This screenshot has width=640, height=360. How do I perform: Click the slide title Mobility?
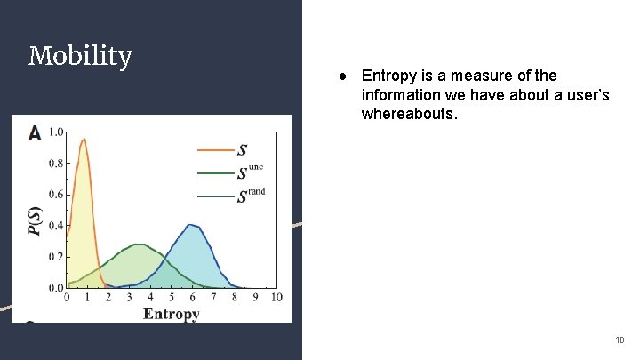coord(80,57)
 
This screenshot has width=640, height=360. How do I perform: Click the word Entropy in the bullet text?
coord(388,76)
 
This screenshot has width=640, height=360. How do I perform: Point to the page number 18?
coord(620,340)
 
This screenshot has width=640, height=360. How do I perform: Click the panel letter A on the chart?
coord(35,132)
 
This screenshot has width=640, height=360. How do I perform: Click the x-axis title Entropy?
coord(172,314)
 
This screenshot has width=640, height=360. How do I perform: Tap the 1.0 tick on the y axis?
coord(55,132)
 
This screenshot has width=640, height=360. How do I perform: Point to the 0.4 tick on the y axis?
coord(55,226)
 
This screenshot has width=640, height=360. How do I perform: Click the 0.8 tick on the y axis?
coord(55,164)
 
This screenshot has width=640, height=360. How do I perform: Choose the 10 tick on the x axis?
coord(276,297)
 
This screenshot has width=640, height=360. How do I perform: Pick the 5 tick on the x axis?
coord(172,297)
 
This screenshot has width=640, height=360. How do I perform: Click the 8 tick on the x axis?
coord(234,297)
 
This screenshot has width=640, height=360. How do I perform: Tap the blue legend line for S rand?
coord(215,196)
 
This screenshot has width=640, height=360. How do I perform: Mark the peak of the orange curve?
coord(84,139)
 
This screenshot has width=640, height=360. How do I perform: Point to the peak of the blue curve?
coord(191,225)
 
